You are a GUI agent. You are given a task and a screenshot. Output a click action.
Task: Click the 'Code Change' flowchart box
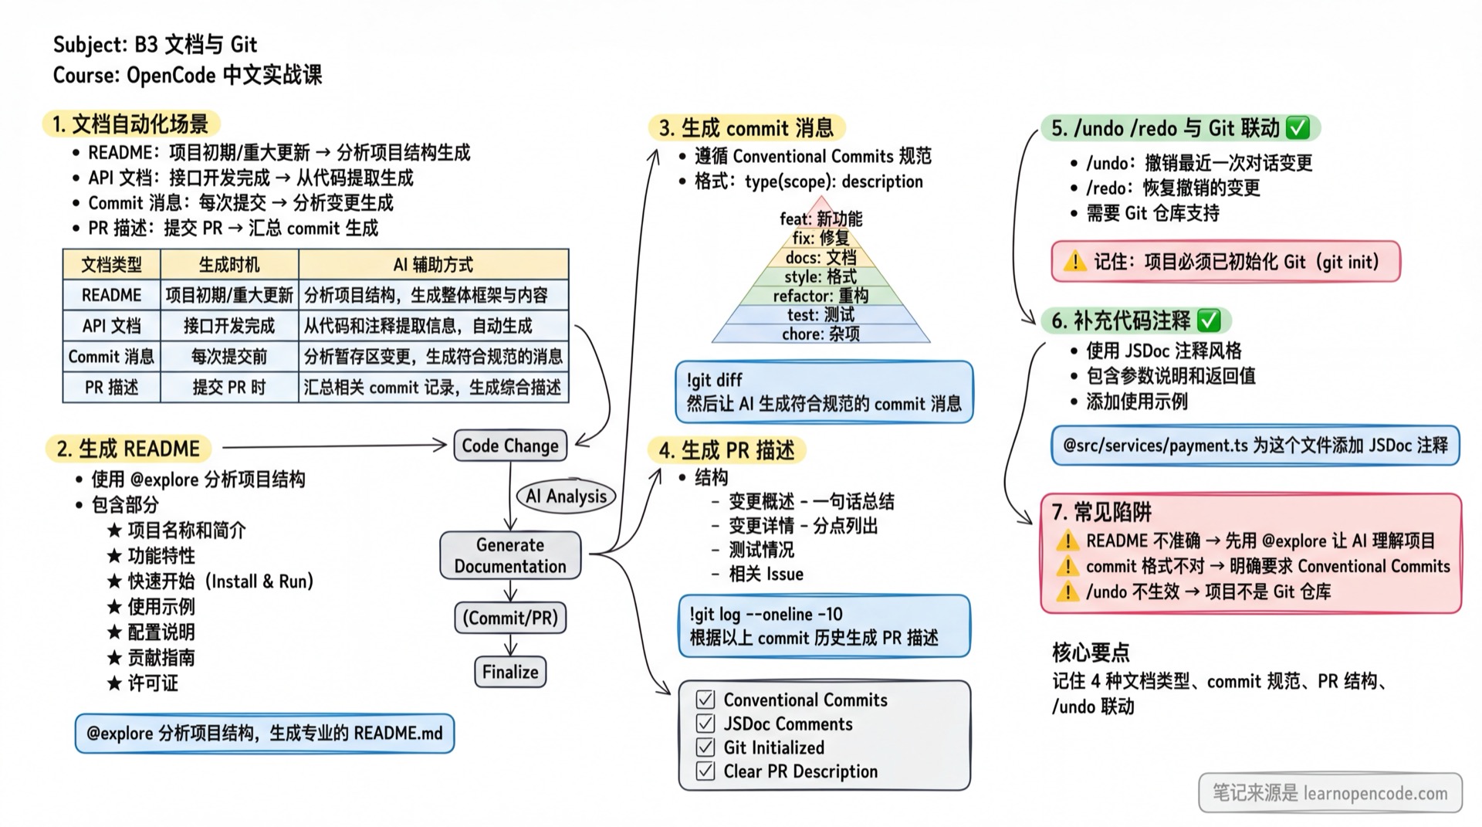point(510,446)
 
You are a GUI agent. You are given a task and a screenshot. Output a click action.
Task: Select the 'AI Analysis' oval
point(566,497)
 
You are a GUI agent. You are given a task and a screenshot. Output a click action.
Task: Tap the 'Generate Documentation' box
point(510,555)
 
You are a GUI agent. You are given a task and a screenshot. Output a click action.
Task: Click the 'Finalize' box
point(510,672)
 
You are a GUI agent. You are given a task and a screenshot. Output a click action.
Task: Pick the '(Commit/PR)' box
point(510,618)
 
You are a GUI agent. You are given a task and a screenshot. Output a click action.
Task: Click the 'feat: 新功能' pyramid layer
point(821,219)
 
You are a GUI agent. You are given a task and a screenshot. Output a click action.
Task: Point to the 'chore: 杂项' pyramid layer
point(821,334)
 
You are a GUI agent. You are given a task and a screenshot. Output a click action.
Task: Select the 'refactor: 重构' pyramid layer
point(821,296)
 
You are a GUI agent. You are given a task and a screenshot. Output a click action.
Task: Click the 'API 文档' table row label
point(111,326)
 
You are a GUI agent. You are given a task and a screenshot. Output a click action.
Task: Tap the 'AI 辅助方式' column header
point(433,265)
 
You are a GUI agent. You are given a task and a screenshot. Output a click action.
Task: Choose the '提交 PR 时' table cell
point(229,388)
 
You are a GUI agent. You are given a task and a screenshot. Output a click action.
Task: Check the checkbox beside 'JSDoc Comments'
point(705,724)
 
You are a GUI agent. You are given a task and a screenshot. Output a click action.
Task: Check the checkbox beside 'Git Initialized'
point(705,747)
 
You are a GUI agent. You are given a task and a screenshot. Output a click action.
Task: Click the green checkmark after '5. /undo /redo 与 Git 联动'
point(1298,127)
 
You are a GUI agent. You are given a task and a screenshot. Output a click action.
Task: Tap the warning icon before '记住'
point(1074,262)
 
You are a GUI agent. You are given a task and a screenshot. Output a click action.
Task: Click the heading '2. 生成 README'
point(128,449)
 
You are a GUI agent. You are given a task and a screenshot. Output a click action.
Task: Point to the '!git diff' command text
point(714,380)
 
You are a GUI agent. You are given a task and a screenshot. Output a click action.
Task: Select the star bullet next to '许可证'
point(115,683)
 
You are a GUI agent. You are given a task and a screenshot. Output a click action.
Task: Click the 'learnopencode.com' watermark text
point(1375,793)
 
